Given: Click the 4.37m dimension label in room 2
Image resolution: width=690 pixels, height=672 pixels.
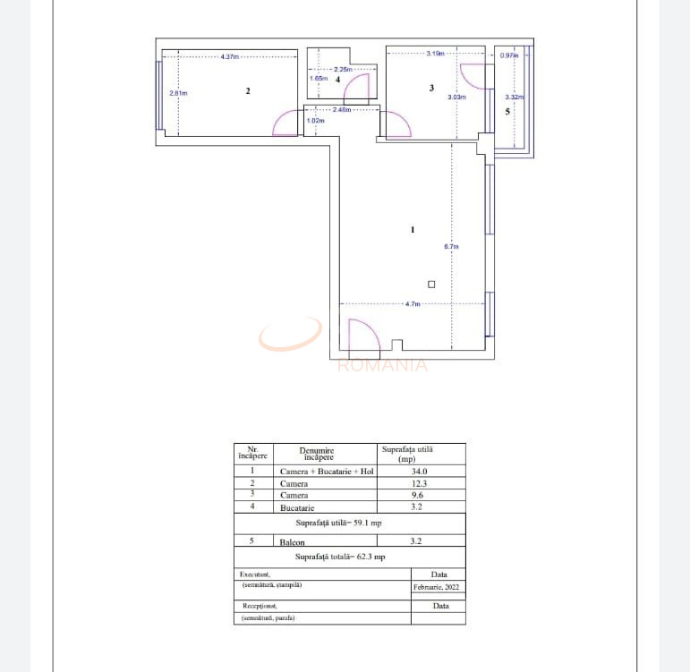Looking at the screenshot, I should click(x=230, y=56).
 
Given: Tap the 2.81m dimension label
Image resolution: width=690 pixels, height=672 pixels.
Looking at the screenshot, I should click(x=178, y=93).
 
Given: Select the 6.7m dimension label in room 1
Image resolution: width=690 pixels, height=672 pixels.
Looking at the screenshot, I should click(x=451, y=247).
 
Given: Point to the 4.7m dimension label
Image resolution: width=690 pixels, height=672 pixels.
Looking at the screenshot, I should click(x=413, y=304).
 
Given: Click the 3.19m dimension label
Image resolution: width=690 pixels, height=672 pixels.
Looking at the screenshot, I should click(x=436, y=54).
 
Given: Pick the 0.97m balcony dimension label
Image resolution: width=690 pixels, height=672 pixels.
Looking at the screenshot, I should click(x=508, y=55).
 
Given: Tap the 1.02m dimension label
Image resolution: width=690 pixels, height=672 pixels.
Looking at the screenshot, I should click(x=314, y=121).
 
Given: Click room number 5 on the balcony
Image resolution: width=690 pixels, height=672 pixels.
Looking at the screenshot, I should click(x=507, y=112).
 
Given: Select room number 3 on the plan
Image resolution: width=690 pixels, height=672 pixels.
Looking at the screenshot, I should click(x=431, y=88).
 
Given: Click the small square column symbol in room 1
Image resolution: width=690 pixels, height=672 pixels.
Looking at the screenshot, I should click(x=431, y=285).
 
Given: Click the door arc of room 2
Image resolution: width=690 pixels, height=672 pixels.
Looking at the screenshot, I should click(x=286, y=123).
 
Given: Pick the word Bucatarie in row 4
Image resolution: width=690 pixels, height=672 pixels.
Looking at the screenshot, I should click(x=297, y=507).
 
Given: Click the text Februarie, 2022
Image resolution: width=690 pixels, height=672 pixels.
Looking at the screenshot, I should click(x=438, y=587).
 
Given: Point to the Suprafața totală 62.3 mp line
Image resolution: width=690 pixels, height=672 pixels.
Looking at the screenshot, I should click(x=349, y=557).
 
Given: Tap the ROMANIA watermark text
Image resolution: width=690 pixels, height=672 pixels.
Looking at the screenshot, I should click(x=382, y=365).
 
